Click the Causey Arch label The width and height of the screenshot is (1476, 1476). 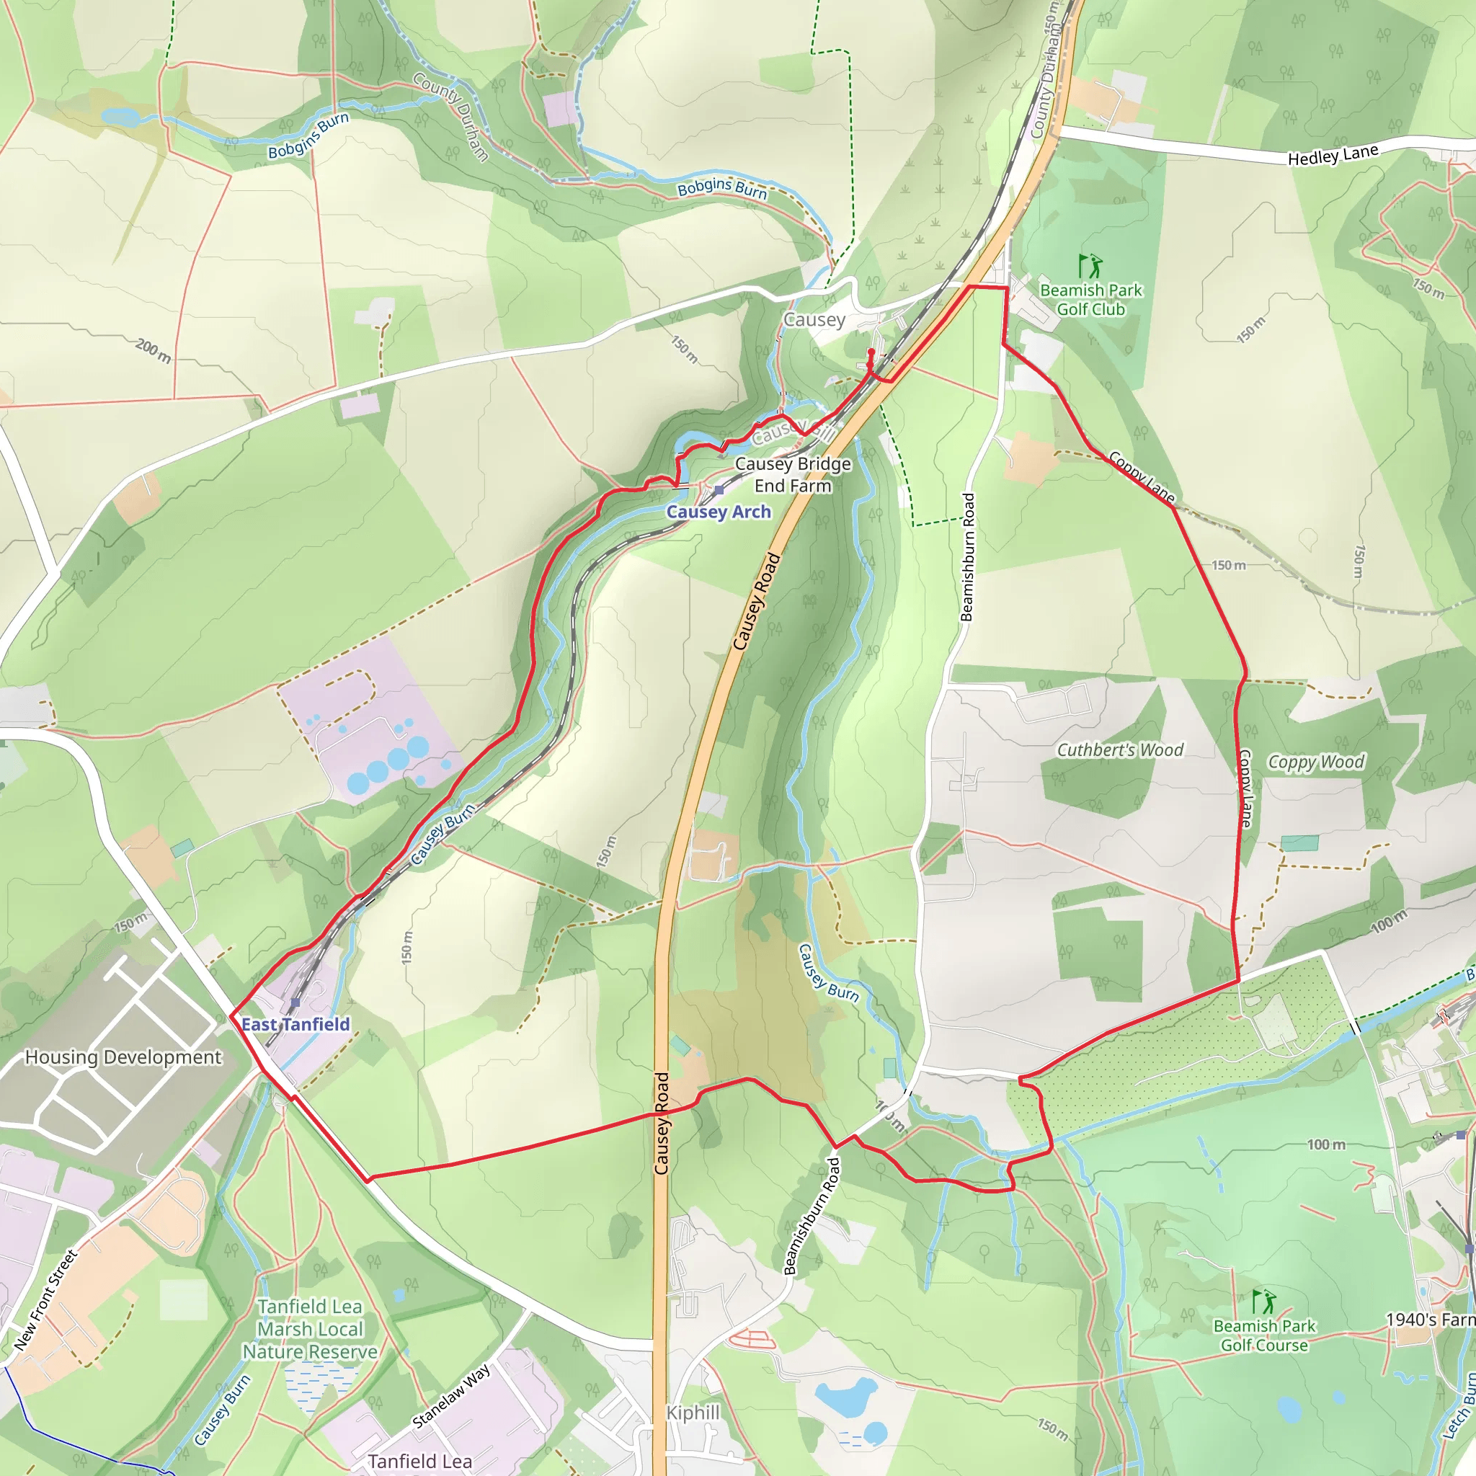pyautogui.click(x=718, y=512)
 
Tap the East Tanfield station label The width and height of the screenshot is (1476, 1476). pyautogui.click(x=295, y=1025)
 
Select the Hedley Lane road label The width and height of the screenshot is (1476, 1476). pyautogui.click(x=1333, y=155)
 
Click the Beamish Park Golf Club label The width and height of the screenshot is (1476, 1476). pyautogui.click(x=1091, y=300)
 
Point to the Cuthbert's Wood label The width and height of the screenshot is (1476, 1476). pyautogui.click(x=1120, y=750)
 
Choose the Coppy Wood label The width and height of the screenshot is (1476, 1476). pyautogui.click(x=1316, y=762)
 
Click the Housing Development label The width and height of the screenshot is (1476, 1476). pyautogui.click(x=123, y=1057)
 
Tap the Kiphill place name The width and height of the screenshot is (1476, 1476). pyautogui.click(x=693, y=1413)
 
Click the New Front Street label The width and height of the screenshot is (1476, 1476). pyautogui.click(x=46, y=1300)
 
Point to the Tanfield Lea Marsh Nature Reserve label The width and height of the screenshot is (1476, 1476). pyautogui.click(x=310, y=1329)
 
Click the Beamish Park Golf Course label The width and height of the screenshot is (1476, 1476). pyautogui.click(x=1264, y=1335)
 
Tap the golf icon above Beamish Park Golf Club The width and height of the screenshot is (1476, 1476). pyautogui.click(x=1090, y=266)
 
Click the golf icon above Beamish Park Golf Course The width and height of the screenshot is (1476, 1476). pyautogui.click(x=1263, y=1301)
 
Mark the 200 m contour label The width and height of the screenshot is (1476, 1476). pyautogui.click(x=154, y=351)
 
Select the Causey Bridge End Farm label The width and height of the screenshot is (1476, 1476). pyautogui.click(x=793, y=474)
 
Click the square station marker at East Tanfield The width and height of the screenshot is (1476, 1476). pyautogui.click(x=295, y=1002)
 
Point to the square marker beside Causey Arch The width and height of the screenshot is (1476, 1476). pyautogui.click(x=719, y=489)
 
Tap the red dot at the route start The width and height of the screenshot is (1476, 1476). pyautogui.click(x=871, y=352)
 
